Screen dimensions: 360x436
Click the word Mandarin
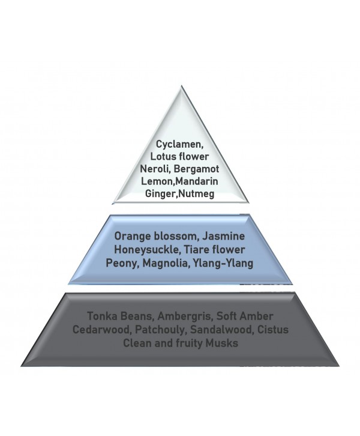pyautogui.click(x=197, y=181)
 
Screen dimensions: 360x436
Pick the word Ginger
pyautogui.click(x=160, y=194)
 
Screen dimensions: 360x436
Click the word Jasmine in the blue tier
pyautogui.click(x=224, y=237)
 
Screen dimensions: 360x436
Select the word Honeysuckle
pyautogui.click(x=147, y=250)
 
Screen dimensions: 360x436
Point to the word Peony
pyautogui.click(x=122, y=263)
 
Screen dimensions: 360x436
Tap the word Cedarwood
pyautogui.click(x=101, y=330)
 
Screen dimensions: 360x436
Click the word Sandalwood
pyautogui.click(x=221, y=330)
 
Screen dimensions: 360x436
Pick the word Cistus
pyautogui.click(x=273, y=330)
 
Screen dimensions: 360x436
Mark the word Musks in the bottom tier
pyautogui.click(x=221, y=343)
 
